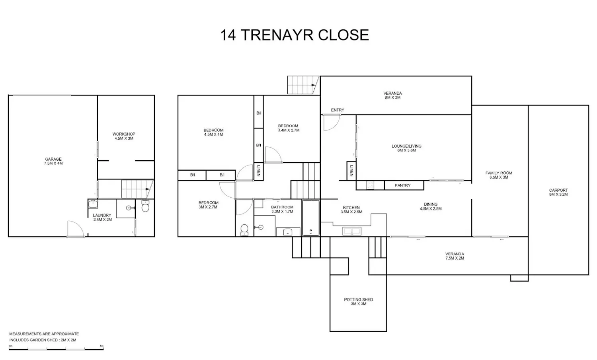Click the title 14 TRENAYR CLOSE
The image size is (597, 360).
[x=295, y=35]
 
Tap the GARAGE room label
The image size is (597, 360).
[x=53, y=159]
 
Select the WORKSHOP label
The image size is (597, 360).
[x=124, y=134]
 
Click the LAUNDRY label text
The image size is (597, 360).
[x=102, y=215]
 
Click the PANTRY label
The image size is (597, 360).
[x=403, y=185]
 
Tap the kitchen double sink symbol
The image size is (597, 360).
[x=352, y=231]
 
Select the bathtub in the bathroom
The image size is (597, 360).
[x=311, y=218]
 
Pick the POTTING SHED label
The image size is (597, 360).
[x=359, y=300]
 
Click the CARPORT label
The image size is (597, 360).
[x=558, y=190]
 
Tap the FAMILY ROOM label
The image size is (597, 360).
[x=499, y=173]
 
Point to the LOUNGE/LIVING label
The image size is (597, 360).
[x=406, y=146]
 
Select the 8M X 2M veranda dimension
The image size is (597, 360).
[x=392, y=97]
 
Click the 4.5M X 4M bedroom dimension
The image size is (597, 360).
[x=213, y=134]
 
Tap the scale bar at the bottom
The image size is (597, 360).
[x=56, y=349]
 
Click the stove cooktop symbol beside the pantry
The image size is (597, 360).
[x=370, y=185]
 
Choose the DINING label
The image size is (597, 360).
[x=431, y=204]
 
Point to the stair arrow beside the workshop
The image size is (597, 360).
[x=147, y=189]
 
